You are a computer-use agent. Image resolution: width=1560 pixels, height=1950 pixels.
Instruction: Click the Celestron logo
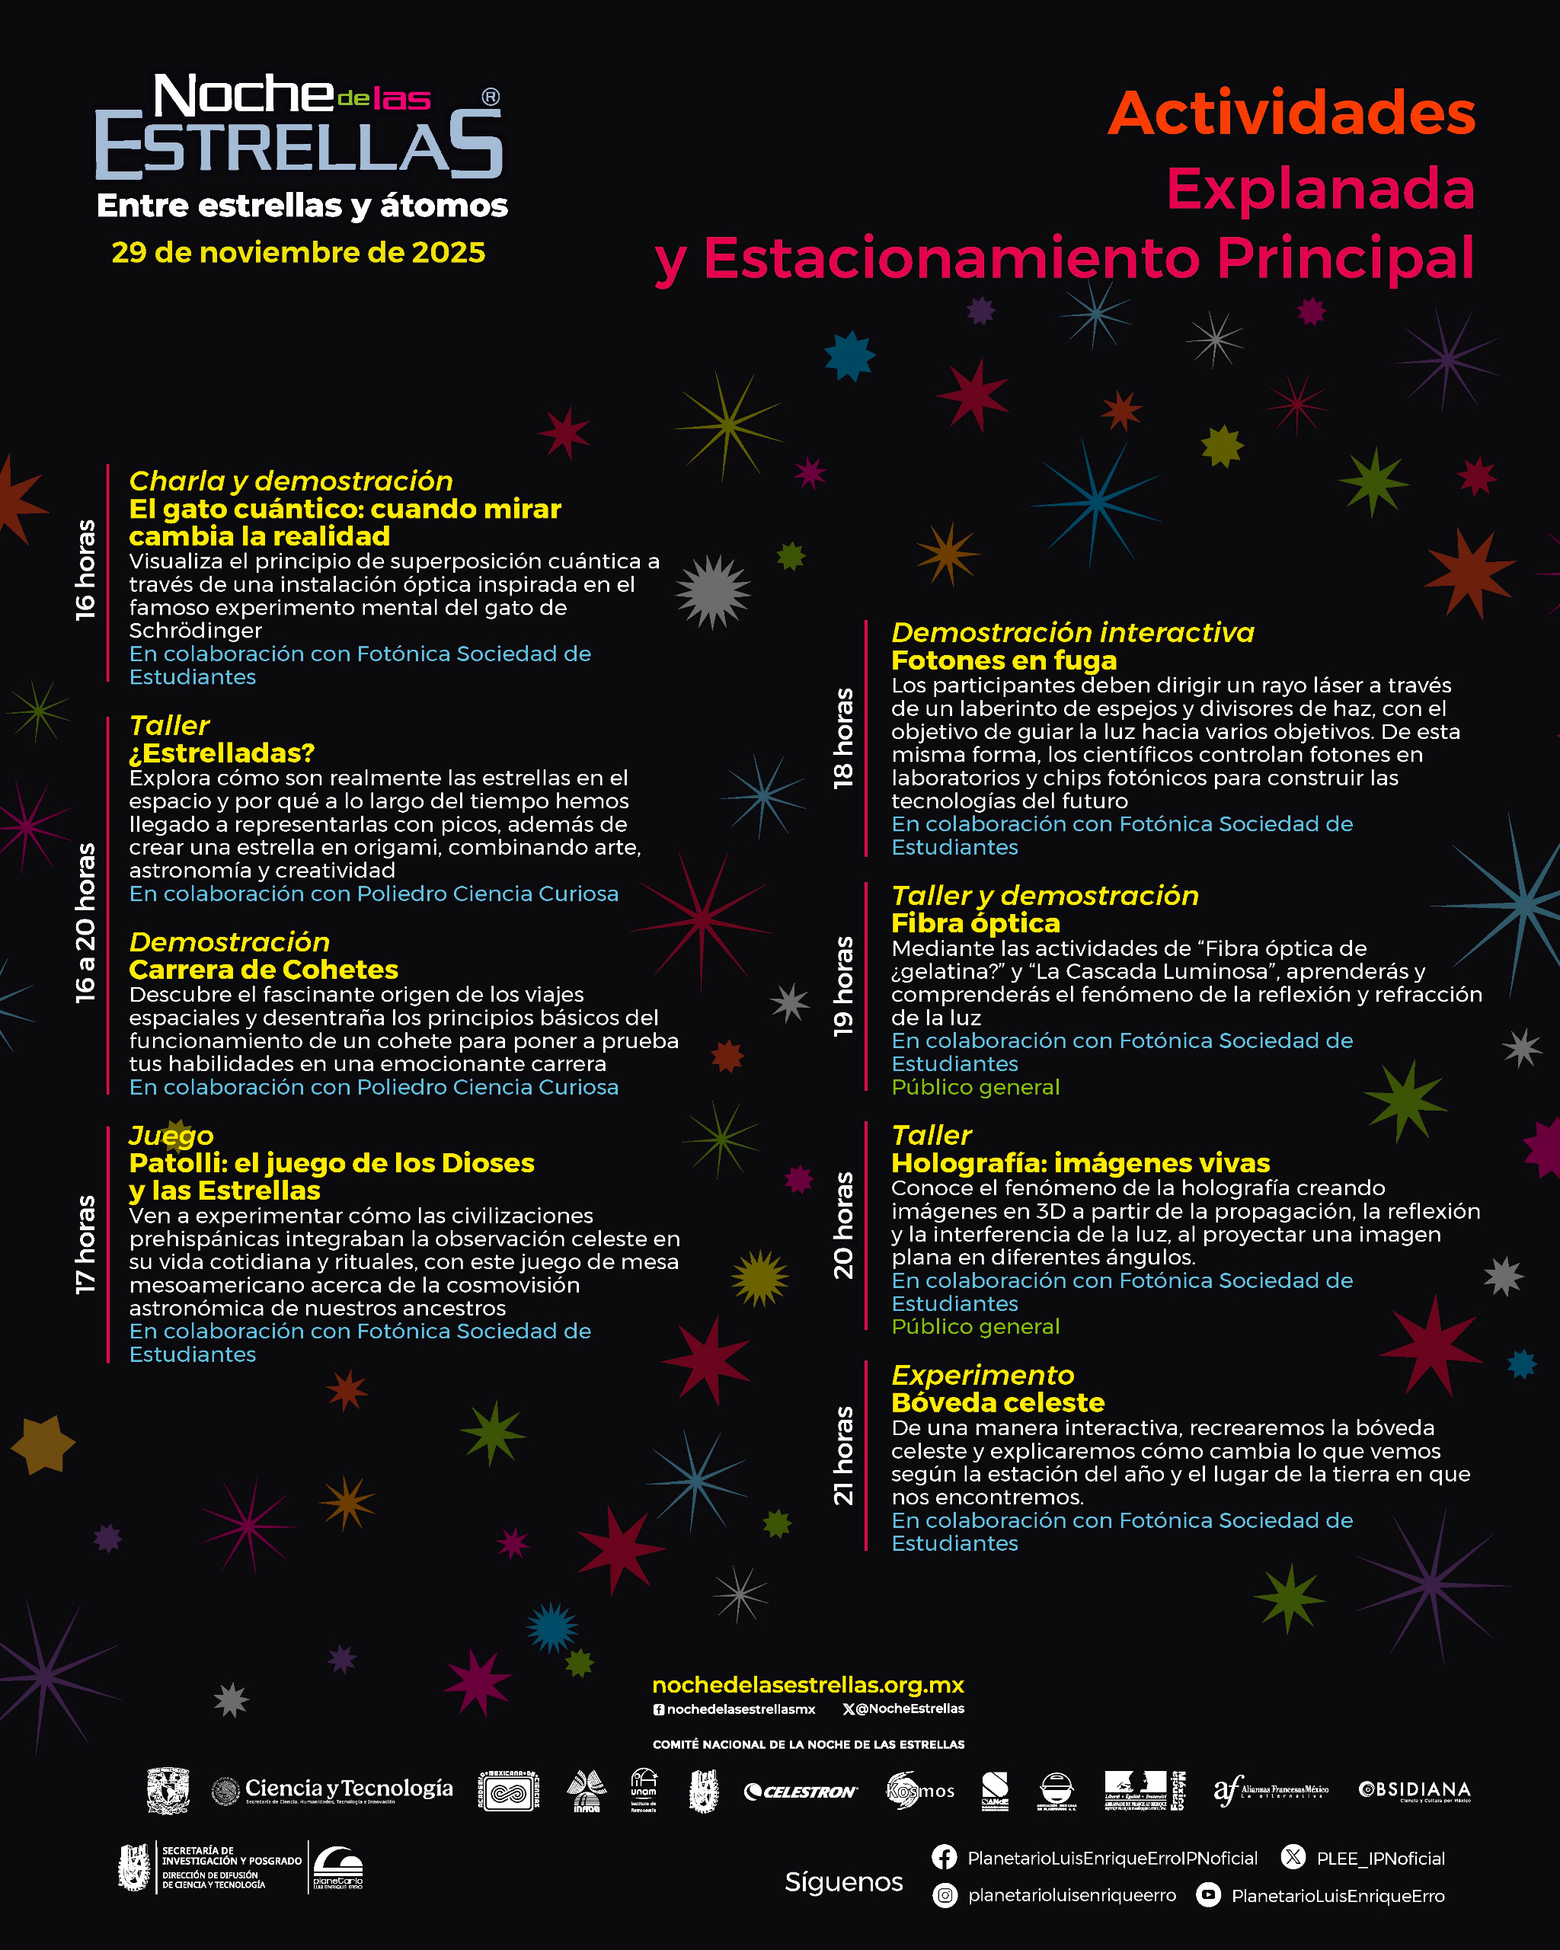801,1792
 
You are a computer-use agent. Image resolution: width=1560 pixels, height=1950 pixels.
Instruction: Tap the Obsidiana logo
1415,1790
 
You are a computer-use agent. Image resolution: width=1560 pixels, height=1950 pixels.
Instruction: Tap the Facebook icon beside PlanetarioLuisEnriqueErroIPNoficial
944,1858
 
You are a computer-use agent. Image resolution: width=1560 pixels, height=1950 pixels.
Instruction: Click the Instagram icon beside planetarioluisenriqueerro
944,1895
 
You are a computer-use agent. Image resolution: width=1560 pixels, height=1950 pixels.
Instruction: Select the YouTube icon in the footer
1208,1895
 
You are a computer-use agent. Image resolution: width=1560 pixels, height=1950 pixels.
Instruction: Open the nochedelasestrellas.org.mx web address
807,1685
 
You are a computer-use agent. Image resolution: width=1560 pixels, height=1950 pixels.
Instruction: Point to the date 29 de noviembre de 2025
299,252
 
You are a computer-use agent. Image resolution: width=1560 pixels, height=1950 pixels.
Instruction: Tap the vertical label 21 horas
843,1456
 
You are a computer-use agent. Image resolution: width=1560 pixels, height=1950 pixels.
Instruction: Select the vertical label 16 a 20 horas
85,922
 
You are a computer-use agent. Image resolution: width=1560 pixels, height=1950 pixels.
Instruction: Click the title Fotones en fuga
1004,660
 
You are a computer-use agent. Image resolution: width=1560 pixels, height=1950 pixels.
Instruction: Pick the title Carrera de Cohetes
263,970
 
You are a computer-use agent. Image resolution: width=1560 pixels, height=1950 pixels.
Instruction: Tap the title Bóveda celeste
998,1403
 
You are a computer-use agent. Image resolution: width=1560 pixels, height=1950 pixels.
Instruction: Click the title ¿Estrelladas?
222,753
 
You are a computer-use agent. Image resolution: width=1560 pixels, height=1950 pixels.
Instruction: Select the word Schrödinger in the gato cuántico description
195,631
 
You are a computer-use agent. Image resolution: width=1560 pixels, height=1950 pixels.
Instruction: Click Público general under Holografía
975,1327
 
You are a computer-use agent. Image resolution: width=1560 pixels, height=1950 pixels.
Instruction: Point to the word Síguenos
843,1882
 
